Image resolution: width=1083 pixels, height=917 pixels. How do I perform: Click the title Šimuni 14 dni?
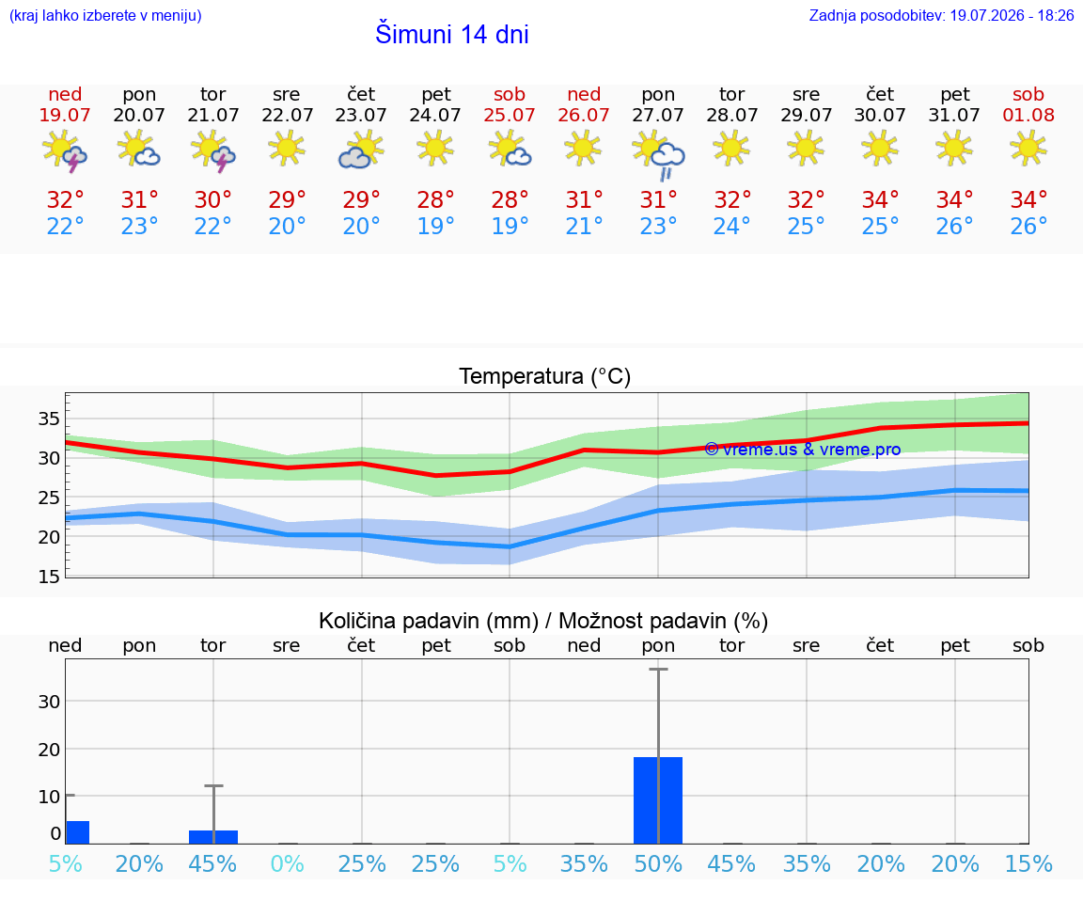pos(451,34)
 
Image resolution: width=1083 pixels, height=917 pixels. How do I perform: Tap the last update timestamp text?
pos(941,15)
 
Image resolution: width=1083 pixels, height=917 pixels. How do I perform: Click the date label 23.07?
pos(361,115)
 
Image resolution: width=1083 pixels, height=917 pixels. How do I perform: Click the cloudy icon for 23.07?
pos(361,150)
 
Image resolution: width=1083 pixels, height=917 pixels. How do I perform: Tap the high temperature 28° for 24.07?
pos(435,199)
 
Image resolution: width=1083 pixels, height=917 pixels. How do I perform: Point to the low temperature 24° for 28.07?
pos(731,226)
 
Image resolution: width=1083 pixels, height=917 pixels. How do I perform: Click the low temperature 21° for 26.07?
pos(584,226)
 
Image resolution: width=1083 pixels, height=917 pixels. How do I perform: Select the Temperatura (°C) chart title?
pos(545,376)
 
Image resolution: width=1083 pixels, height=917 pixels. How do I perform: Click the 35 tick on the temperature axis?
pos(49,419)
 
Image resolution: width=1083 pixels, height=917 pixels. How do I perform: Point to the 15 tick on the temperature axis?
pos(49,577)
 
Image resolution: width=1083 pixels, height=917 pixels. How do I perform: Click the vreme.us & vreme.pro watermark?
pos(803,450)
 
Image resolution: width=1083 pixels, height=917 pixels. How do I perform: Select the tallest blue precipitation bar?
pos(657,800)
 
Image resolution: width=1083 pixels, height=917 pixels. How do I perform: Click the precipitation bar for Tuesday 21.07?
pos(213,837)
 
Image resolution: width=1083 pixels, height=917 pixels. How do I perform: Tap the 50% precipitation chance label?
pos(657,863)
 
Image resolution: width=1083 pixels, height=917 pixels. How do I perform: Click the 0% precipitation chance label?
pos(288,863)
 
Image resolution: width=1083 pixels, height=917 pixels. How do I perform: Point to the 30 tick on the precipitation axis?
pos(49,702)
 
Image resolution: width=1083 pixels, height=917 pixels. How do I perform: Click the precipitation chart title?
pos(543,621)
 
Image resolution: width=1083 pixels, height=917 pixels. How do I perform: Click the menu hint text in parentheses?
pos(105,15)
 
